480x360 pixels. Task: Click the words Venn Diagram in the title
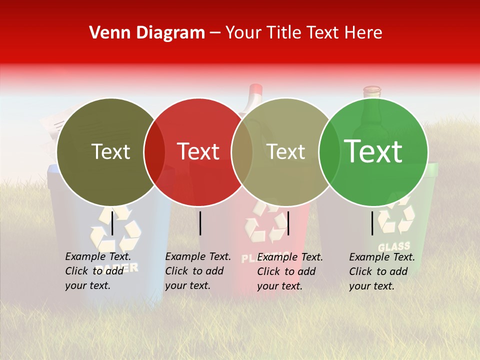click(147, 33)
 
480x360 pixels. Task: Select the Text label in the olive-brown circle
click(110, 151)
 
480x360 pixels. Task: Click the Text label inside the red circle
click(198, 151)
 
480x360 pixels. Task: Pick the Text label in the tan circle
click(285, 151)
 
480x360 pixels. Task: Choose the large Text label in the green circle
click(373, 151)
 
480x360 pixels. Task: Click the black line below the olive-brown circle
click(112, 222)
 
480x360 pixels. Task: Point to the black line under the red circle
click(200, 223)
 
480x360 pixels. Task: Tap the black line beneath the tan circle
click(288, 223)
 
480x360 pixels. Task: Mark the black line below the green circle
click(372, 223)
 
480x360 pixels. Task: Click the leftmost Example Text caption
click(98, 271)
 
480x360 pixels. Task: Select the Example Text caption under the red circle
click(198, 271)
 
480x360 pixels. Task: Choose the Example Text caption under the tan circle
click(290, 271)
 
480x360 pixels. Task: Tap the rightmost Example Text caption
click(382, 271)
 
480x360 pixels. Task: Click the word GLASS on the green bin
click(394, 246)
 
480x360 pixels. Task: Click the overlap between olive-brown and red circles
click(154, 151)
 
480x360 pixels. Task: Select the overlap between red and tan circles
click(242, 151)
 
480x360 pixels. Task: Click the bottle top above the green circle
click(371, 91)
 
